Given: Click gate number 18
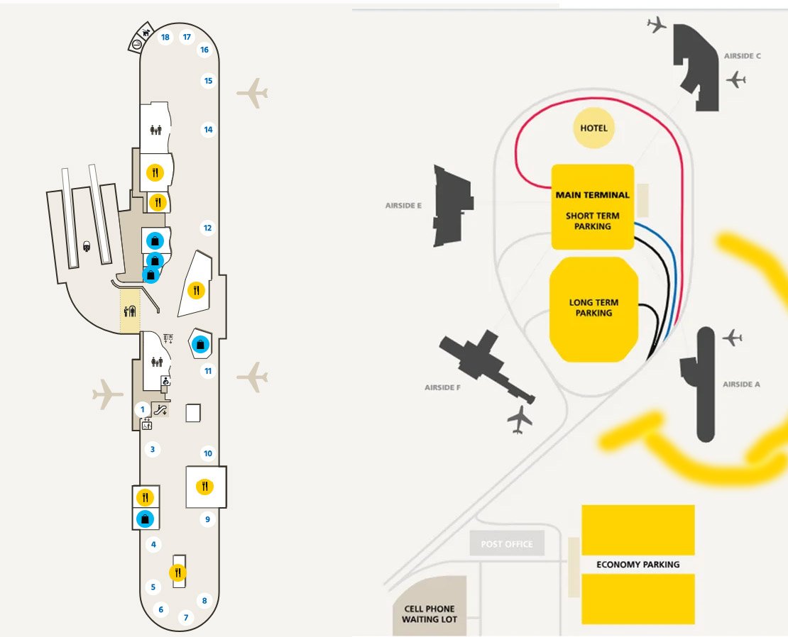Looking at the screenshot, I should coord(165,37).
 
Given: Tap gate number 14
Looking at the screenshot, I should coord(208,130).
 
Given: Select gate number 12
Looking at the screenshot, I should coord(207,228).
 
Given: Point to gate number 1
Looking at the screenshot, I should coord(142,409).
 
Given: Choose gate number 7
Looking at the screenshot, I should coord(186,617).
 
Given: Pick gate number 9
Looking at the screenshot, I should coord(207,519).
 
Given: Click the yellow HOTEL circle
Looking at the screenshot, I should coord(593,128).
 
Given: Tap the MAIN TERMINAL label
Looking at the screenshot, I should coord(592,194).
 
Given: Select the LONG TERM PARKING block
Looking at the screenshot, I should coord(593,308).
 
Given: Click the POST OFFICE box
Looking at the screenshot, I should coord(507,544).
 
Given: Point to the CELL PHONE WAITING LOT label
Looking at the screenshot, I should coord(429,614).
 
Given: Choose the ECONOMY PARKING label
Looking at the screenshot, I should coord(637,565).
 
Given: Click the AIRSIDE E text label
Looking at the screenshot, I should coord(403,206).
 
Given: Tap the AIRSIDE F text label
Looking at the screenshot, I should coord(443,387).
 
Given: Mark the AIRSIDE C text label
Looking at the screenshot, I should coord(742,56).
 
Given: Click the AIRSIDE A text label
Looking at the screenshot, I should coord(741,384).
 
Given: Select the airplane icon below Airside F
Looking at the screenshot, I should coord(520,419).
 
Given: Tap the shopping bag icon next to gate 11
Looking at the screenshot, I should coord(202,345).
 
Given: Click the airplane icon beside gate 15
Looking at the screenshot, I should coord(252,93).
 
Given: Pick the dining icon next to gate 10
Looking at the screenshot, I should coord(206,486).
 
